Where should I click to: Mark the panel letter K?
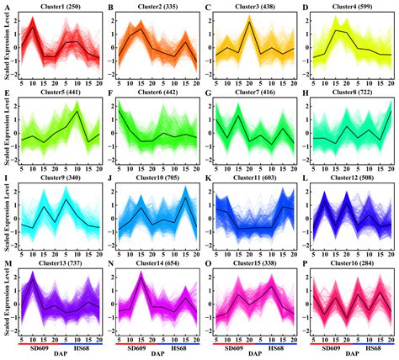pyautogui.click(x=208, y=179)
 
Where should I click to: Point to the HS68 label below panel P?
pyautogui.click(x=367, y=347)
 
